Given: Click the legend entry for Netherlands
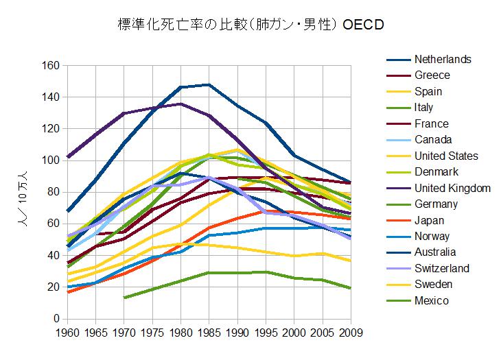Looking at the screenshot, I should (443, 59).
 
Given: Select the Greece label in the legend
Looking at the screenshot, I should (432, 75).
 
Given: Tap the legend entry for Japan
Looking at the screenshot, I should (430, 220).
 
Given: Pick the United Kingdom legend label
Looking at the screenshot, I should (452, 188).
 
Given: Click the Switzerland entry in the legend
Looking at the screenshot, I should (442, 269).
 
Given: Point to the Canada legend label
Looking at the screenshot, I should (433, 140).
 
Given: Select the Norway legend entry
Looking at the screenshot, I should (432, 237).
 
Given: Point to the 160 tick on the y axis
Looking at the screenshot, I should (51, 66).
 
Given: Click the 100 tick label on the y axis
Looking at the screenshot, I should (51, 160).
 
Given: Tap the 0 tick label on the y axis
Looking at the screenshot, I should (57, 319).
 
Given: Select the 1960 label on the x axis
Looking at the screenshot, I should (67, 334).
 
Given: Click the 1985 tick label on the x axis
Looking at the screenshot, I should (209, 334).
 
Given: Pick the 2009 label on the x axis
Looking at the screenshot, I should (351, 334).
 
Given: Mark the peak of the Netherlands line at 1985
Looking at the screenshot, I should (209, 84).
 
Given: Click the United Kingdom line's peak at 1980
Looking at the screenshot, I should (180, 104).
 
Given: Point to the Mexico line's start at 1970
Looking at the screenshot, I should (124, 298).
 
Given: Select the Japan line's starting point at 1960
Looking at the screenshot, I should (67, 292).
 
